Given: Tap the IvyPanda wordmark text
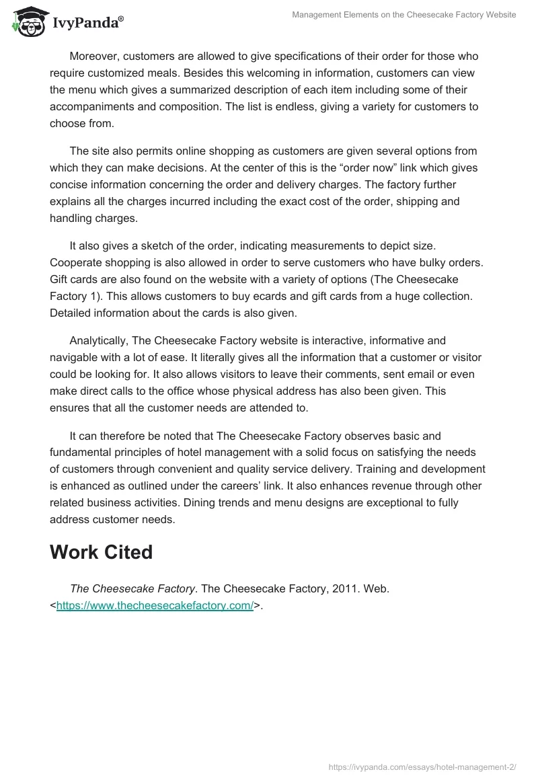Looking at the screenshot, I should coord(85,24).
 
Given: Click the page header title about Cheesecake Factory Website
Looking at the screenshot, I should coord(404,15).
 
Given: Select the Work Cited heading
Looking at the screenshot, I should coord(101,551).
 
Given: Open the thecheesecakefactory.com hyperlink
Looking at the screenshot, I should coord(155,605).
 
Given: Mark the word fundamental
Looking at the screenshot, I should coord(85,453).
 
